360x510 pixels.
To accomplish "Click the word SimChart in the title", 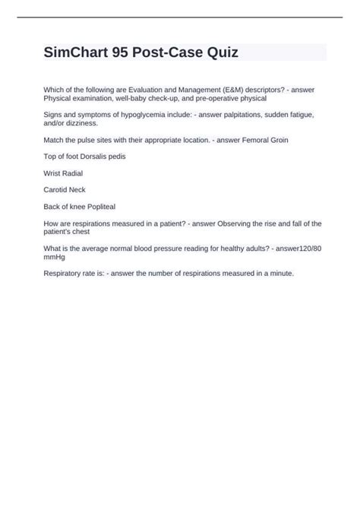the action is [x=82, y=52].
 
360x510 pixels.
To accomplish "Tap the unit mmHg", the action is [x=55, y=257].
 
